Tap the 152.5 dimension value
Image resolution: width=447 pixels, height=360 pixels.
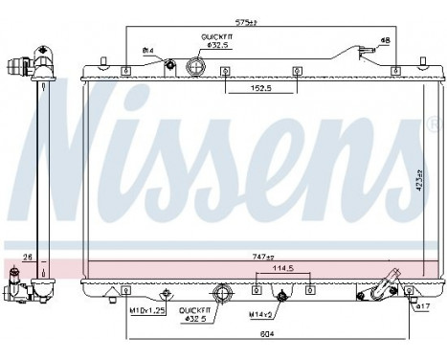pos(253,90)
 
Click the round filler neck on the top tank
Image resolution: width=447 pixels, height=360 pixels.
pos(197,67)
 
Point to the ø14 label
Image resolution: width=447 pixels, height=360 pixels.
pos(147,50)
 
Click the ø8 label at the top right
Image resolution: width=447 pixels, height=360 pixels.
pos(385,41)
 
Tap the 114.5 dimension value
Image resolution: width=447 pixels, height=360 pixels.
pos(282,269)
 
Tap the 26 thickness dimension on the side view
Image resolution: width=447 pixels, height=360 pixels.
pos(26,256)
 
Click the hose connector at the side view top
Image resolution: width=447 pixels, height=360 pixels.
pos(20,70)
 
